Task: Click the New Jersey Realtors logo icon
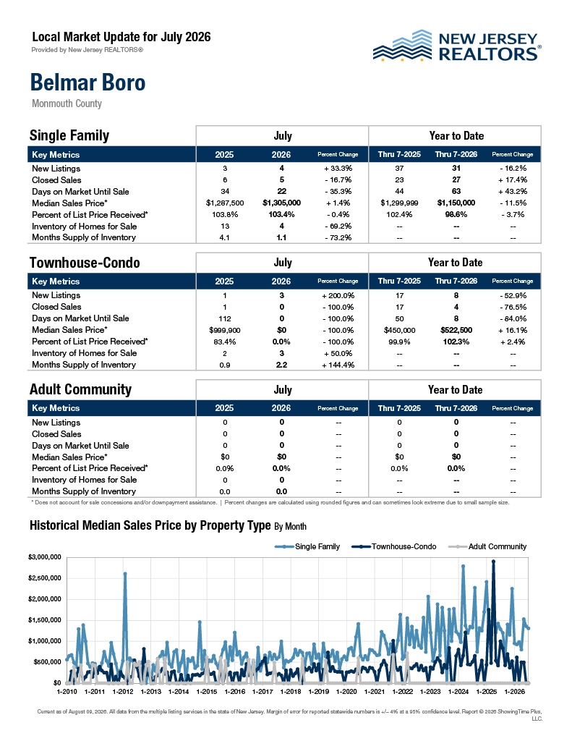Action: coord(403,46)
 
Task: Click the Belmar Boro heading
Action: coord(87,82)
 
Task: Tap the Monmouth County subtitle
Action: coord(67,103)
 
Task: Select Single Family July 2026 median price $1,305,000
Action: coord(281,203)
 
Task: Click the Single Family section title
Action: coord(69,135)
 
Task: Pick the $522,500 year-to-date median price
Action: coord(456,330)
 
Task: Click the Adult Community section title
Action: coord(81,389)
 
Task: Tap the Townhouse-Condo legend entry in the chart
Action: coord(394,547)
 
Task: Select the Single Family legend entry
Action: coord(307,547)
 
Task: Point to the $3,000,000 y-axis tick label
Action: coord(45,557)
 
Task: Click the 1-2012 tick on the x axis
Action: coord(123,691)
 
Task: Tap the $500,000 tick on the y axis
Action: coord(47,662)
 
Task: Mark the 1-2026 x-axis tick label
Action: coord(514,691)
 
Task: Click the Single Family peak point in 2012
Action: coord(125,574)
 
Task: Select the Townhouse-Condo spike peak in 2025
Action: coord(494,562)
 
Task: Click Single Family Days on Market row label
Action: coord(80,191)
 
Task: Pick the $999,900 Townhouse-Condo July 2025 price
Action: coord(225,330)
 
